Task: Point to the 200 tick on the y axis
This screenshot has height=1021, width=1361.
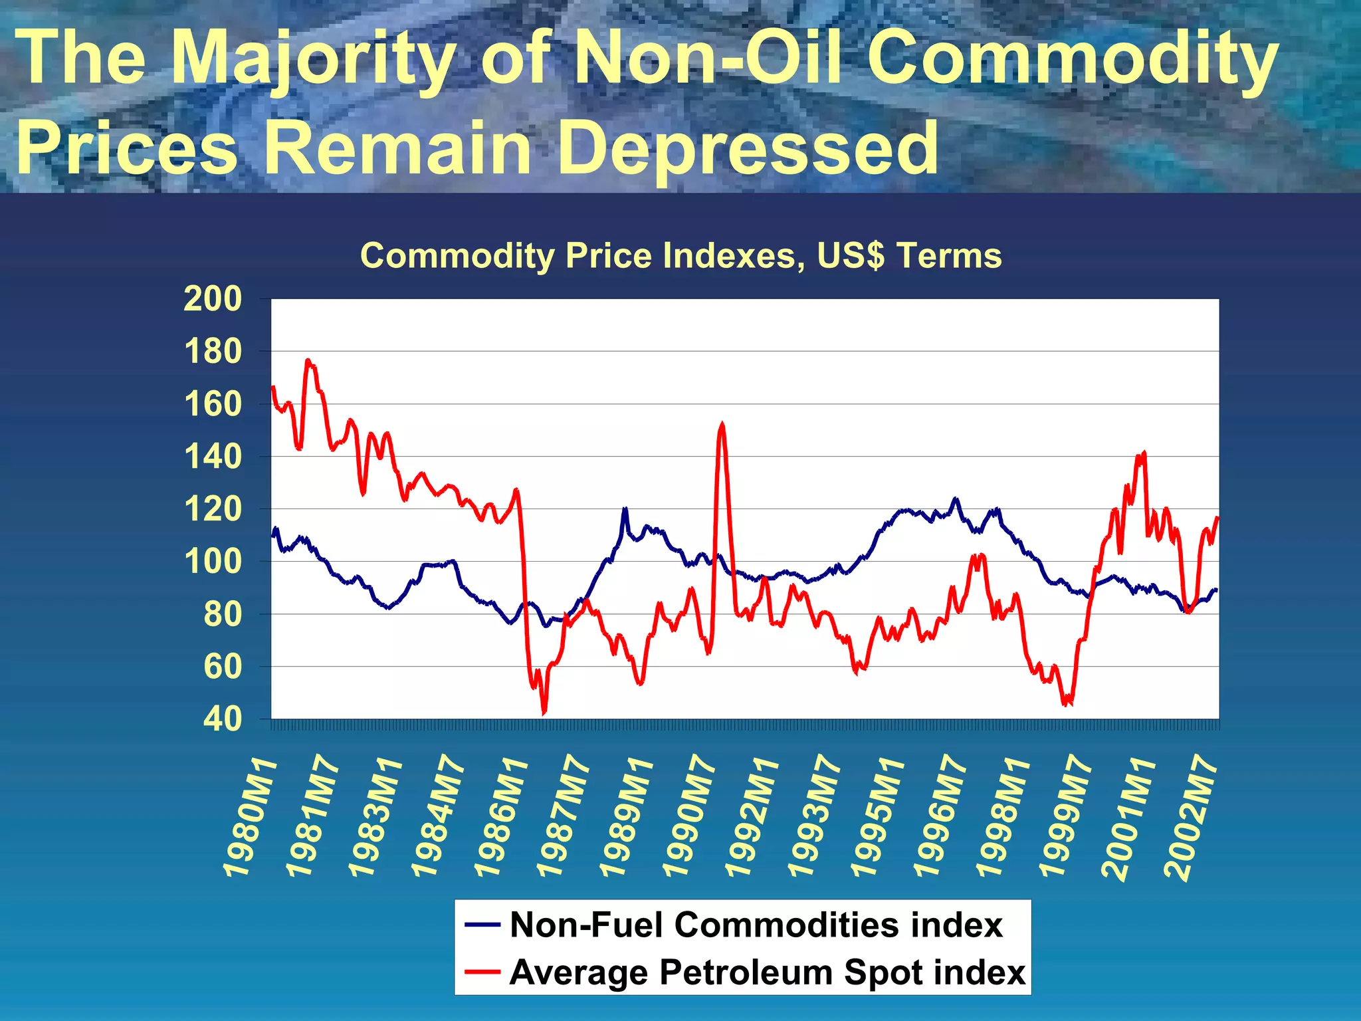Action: [213, 299]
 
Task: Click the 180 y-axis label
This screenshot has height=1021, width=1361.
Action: [213, 352]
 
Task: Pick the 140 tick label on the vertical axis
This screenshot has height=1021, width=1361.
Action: [213, 457]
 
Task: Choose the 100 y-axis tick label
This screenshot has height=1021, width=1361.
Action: [213, 562]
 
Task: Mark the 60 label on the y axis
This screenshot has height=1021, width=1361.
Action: [223, 667]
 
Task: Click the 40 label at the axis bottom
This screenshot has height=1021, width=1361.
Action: [223, 719]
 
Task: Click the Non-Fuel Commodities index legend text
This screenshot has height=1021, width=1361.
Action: [756, 925]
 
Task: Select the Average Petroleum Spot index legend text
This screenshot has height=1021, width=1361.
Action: [768, 972]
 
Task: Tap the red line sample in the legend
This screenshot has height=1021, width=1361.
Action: [482, 972]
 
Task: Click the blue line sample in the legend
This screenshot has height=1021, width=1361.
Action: [482, 925]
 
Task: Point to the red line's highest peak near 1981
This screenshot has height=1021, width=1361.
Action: [308, 360]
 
